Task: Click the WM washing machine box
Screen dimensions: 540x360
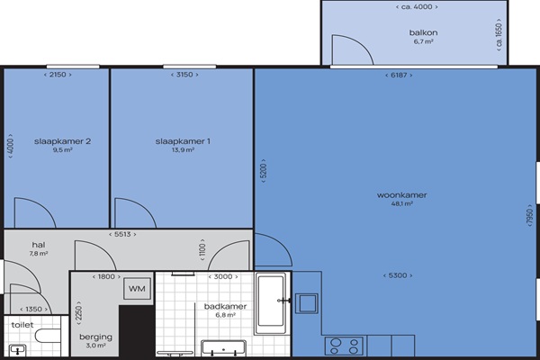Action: pyautogui.click(x=137, y=289)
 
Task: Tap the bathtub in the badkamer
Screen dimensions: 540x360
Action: pyautogui.click(x=271, y=303)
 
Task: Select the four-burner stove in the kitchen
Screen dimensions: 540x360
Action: pyautogui.click(x=344, y=346)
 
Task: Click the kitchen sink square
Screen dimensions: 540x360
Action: pyautogui.click(x=307, y=303)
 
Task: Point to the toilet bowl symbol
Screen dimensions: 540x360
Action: pyautogui.click(x=49, y=336)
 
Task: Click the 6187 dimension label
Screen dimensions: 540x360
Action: pyautogui.click(x=399, y=75)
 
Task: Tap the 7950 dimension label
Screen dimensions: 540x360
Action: pyautogui.click(x=530, y=216)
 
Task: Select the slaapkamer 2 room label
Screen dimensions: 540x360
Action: pyautogui.click(x=62, y=141)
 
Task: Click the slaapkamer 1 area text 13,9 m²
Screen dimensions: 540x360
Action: pyautogui.click(x=183, y=150)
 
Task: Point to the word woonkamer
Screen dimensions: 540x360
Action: pyautogui.click(x=402, y=195)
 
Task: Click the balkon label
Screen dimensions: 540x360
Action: pyautogui.click(x=423, y=32)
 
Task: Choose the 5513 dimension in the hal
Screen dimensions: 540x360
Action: pyautogui.click(x=122, y=234)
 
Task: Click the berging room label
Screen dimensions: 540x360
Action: pyautogui.click(x=95, y=337)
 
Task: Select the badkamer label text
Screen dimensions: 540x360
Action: pyautogui.click(x=225, y=306)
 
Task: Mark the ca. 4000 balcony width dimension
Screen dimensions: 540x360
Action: pyautogui.click(x=417, y=7)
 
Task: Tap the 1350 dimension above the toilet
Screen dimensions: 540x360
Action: pyautogui.click(x=34, y=309)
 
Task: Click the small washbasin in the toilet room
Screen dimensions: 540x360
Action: pyautogui.click(x=17, y=350)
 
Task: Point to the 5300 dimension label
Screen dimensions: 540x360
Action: pyautogui.click(x=398, y=275)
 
